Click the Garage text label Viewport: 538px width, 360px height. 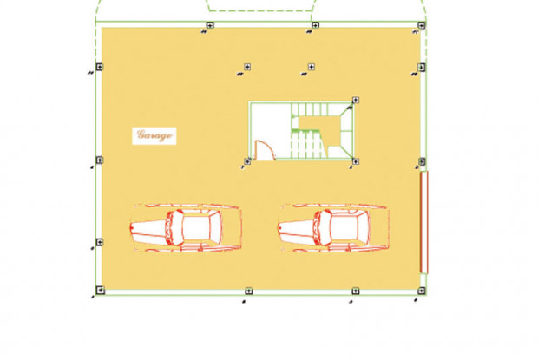pos(154,135)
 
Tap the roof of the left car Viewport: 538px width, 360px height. pos(196,227)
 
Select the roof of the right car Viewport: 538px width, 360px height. pos(344,227)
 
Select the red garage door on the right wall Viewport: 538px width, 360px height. pos(424,223)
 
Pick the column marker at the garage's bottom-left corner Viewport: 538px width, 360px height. pos(100,291)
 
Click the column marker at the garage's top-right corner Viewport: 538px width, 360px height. pos(422,26)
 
